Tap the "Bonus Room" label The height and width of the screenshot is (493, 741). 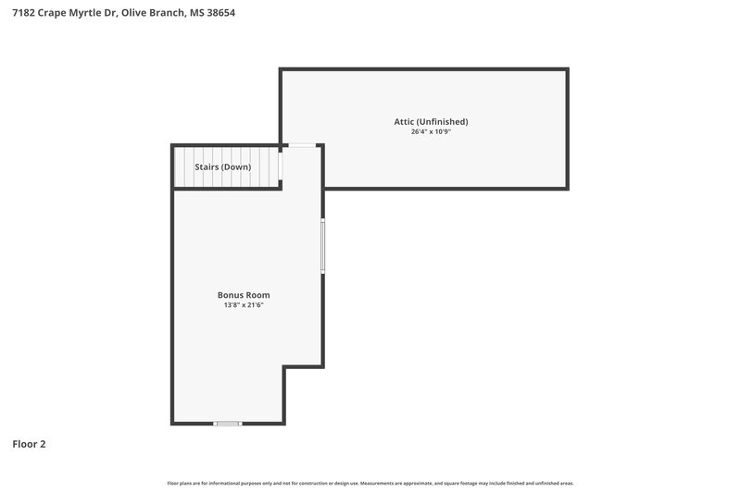point(244,295)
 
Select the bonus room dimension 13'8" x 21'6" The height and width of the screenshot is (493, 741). point(244,305)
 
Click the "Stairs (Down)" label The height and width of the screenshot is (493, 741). point(222,167)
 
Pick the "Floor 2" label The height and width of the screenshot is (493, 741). point(29,444)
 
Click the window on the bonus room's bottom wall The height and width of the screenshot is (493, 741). point(227,424)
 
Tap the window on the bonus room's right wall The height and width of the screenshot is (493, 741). point(322,244)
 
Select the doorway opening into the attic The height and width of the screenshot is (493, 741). point(301,145)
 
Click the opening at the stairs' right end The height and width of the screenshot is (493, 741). point(282,166)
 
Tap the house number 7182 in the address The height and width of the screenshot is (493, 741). point(24,13)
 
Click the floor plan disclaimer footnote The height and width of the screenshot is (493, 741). point(370,483)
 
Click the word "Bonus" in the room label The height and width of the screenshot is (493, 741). point(231,295)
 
